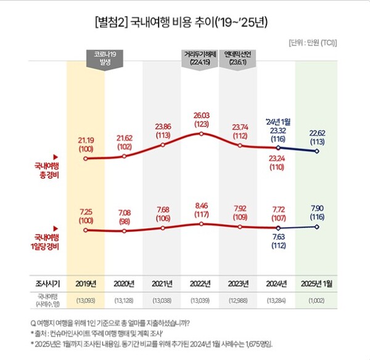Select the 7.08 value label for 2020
pos(124,216)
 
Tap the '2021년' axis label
pos(163,284)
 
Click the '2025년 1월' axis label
pos(317,284)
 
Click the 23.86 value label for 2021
pos(163,131)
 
